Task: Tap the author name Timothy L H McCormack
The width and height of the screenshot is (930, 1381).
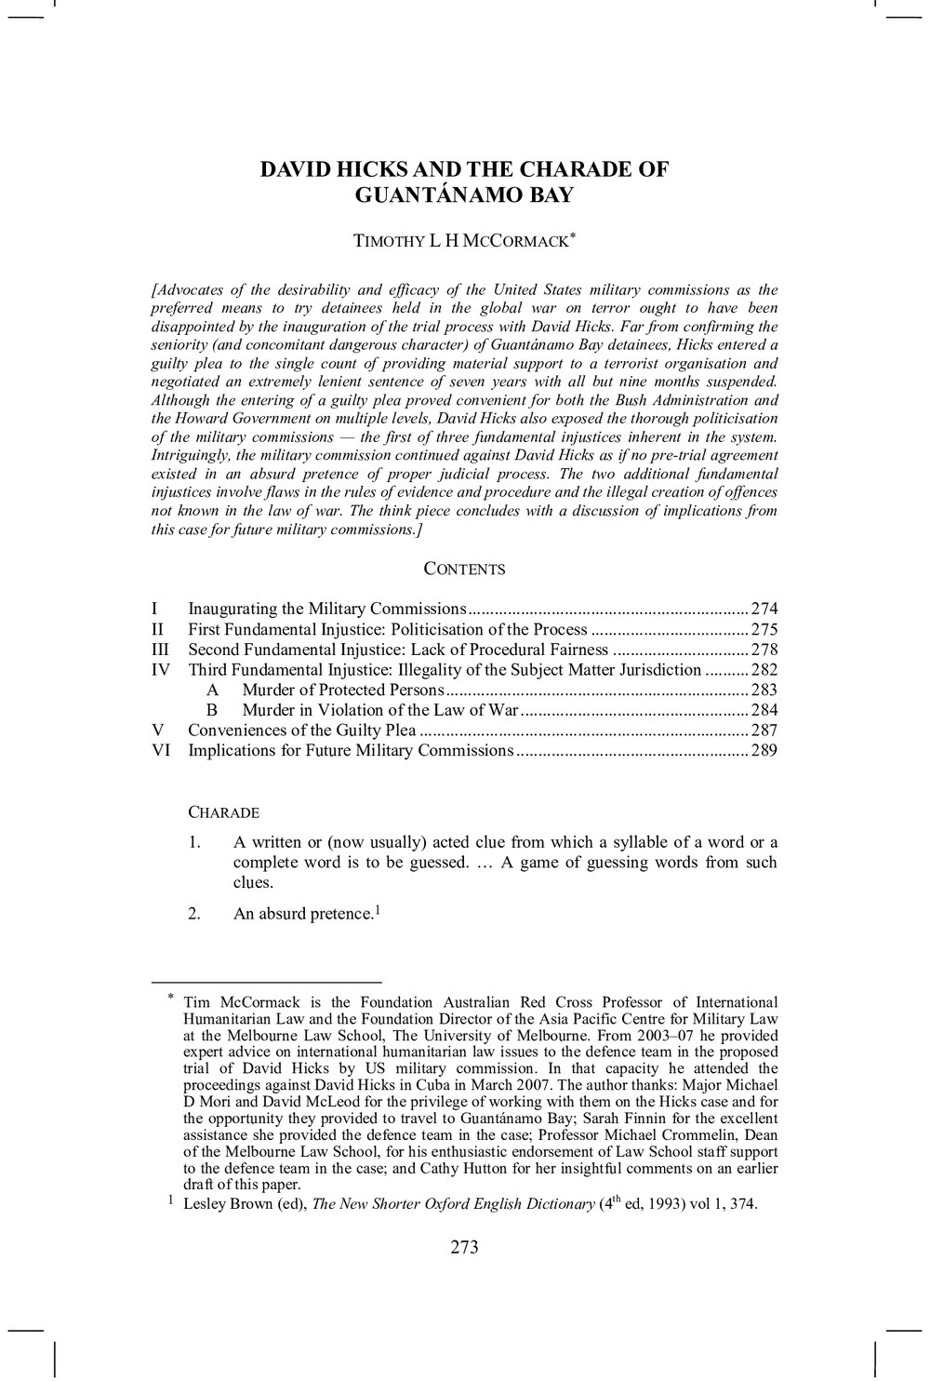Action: click(464, 241)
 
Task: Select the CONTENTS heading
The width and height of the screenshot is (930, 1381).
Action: click(464, 570)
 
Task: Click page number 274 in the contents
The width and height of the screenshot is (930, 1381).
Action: click(764, 610)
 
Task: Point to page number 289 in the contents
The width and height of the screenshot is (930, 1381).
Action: click(764, 750)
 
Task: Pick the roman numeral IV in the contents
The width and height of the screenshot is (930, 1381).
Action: click(161, 670)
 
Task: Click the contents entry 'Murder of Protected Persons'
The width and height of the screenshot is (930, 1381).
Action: click(343, 690)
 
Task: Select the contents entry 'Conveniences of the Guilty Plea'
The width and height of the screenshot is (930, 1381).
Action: click(301, 731)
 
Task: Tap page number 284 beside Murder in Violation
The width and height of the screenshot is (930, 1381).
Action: click(764, 711)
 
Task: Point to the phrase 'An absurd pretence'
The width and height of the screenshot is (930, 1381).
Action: click(302, 914)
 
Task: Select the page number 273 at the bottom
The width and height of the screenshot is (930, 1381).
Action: click(464, 1248)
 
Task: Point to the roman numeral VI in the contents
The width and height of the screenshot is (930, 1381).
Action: click(161, 750)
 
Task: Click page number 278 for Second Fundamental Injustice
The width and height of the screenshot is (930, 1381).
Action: click(764, 650)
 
